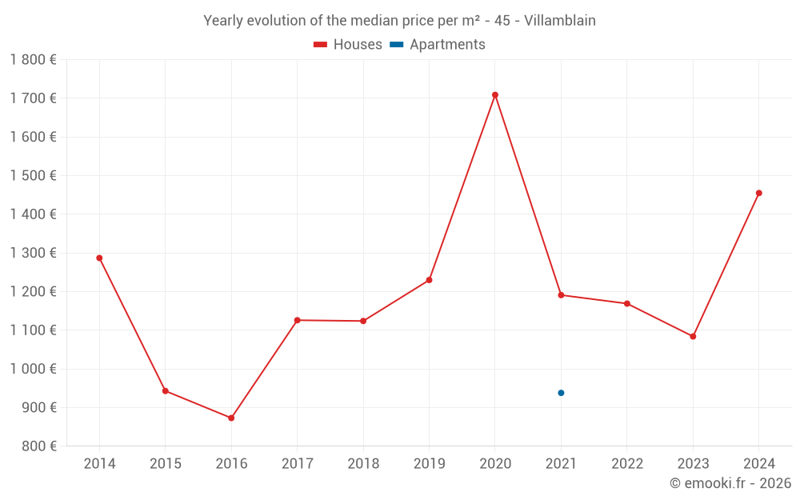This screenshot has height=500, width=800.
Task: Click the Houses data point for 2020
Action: click(x=495, y=95)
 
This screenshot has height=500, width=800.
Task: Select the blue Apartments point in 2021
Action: click(x=561, y=393)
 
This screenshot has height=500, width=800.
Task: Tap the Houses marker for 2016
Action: click(x=231, y=418)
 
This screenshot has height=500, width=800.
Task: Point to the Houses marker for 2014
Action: click(x=99, y=258)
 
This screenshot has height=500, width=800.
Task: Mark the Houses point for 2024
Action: click(x=758, y=193)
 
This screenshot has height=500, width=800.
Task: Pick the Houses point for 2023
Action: click(x=693, y=336)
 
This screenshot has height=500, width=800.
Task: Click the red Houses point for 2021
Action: click(x=561, y=295)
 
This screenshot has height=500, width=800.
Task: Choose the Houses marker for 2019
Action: click(x=429, y=280)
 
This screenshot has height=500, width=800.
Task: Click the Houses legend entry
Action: click(x=348, y=45)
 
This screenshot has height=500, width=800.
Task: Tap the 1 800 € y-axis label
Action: click(x=33, y=59)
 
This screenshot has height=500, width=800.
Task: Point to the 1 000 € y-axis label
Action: click(x=33, y=369)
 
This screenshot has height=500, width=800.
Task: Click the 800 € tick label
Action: click(x=38, y=446)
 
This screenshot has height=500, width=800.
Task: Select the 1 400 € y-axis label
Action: click(x=33, y=214)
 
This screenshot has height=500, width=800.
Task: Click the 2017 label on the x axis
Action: click(x=297, y=464)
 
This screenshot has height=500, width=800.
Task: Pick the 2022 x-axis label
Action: click(x=626, y=464)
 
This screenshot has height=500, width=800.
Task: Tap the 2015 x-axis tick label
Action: click(x=166, y=464)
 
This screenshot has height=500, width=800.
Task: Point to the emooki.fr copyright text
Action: click(x=730, y=483)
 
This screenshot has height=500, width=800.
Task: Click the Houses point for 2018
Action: click(x=363, y=321)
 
